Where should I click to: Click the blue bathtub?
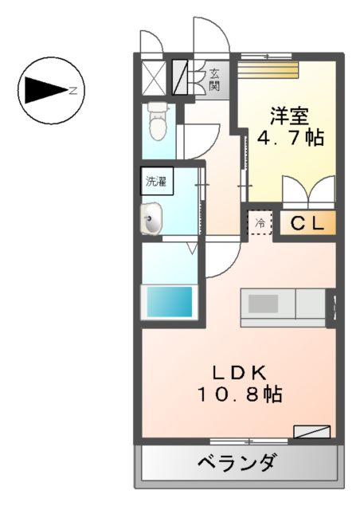pyautogui.click(x=168, y=302)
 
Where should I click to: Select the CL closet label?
pyautogui.click(x=307, y=224)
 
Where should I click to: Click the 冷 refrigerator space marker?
pyautogui.click(x=260, y=224)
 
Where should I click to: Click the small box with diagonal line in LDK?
pyautogui.click(x=311, y=431)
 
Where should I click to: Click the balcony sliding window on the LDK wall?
pyautogui.click(x=249, y=441)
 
